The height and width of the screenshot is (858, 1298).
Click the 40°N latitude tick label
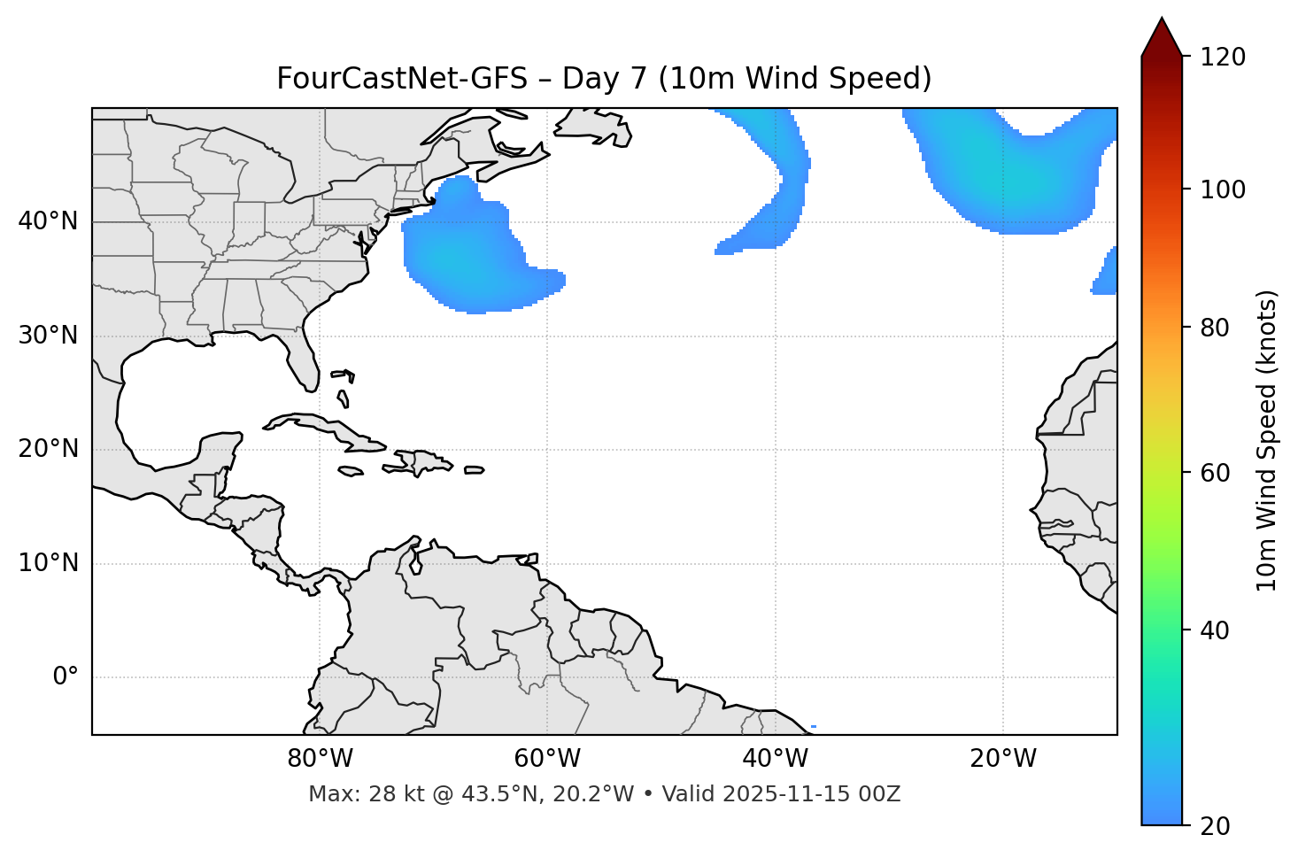tap(48, 221)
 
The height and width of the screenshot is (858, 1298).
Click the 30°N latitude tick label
tap(48, 336)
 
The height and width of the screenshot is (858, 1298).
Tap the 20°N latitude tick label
tap(48, 449)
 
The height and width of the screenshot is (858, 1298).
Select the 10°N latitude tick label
tap(48, 563)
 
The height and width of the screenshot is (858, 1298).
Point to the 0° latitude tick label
tap(66, 677)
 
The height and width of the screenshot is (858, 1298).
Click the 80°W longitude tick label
tap(320, 759)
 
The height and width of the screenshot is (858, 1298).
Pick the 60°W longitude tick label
tap(547, 759)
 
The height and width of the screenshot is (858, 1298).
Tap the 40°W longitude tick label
tap(775, 759)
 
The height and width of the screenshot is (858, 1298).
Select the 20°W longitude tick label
tap(1003, 759)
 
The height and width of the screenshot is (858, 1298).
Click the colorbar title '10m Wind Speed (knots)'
tap(1267, 440)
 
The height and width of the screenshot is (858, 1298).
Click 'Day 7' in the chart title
tap(604, 79)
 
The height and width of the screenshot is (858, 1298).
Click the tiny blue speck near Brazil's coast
tap(813, 727)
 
